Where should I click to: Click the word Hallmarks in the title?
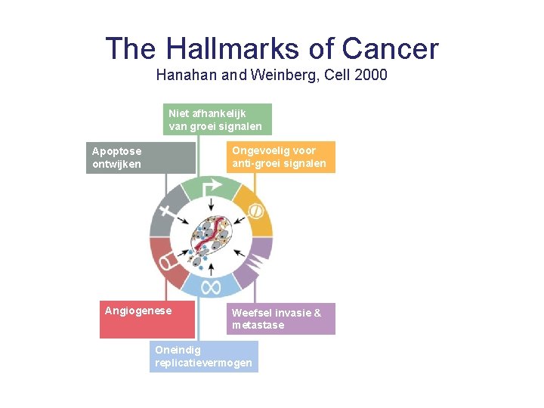pos(232,49)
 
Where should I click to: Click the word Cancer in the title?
pos(390,49)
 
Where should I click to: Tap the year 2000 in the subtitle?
pos(370,75)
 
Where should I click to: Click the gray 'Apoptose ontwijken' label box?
pos(141,157)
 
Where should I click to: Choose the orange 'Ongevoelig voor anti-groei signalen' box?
pos(280,157)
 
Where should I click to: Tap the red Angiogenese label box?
pos(147,320)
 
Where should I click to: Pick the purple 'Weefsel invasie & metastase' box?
pos(280,319)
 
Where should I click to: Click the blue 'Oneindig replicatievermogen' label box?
pos(203,357)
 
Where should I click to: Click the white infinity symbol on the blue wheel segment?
pos(211,286)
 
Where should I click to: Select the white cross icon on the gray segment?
pos(165,214)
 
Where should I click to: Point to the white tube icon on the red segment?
pos(166,261)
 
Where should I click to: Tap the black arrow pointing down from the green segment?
pos(212,205)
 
